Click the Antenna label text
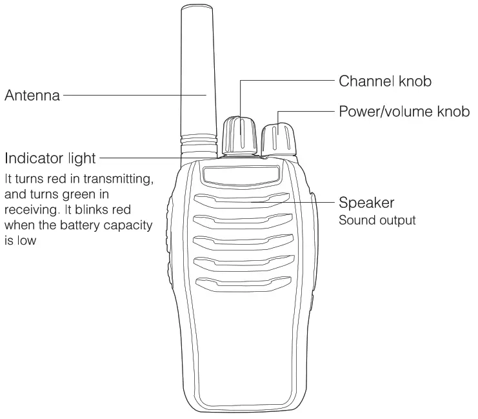pyautogui.click(x=32, y=96)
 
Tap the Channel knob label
pyautogui.click(x=384, y=81)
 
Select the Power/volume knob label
pyautogui.click(x=403, y=110)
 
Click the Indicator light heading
pyautogui.click(x=50, y=158)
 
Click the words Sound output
pyautogui.click(x=377, y=220)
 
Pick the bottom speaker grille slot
pyautogui.click(x=242, y=283)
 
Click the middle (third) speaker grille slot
pyautogui.click(x=242, y=241)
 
